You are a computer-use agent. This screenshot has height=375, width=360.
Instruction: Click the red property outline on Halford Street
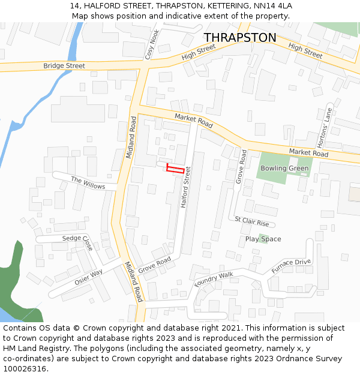click(175, 169)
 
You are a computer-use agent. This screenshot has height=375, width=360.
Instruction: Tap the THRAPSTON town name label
click(240, 38)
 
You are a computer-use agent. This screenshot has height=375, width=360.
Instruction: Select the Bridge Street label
click(64, 65)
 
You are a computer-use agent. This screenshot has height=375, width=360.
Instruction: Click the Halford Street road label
click(185, 187)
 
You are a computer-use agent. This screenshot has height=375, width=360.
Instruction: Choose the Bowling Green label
click(284, 169)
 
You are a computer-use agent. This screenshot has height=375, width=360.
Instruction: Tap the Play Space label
click(263, 239)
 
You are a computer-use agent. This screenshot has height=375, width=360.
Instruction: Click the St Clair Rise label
click(252, 221)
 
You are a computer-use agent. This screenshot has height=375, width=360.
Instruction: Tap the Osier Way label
click(89, 277)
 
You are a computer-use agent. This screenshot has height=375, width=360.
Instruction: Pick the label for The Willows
click(88, 183)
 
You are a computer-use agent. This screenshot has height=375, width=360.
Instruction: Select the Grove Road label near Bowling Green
click(242, 167)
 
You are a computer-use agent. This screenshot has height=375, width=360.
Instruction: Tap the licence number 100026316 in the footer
click(25, 368)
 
